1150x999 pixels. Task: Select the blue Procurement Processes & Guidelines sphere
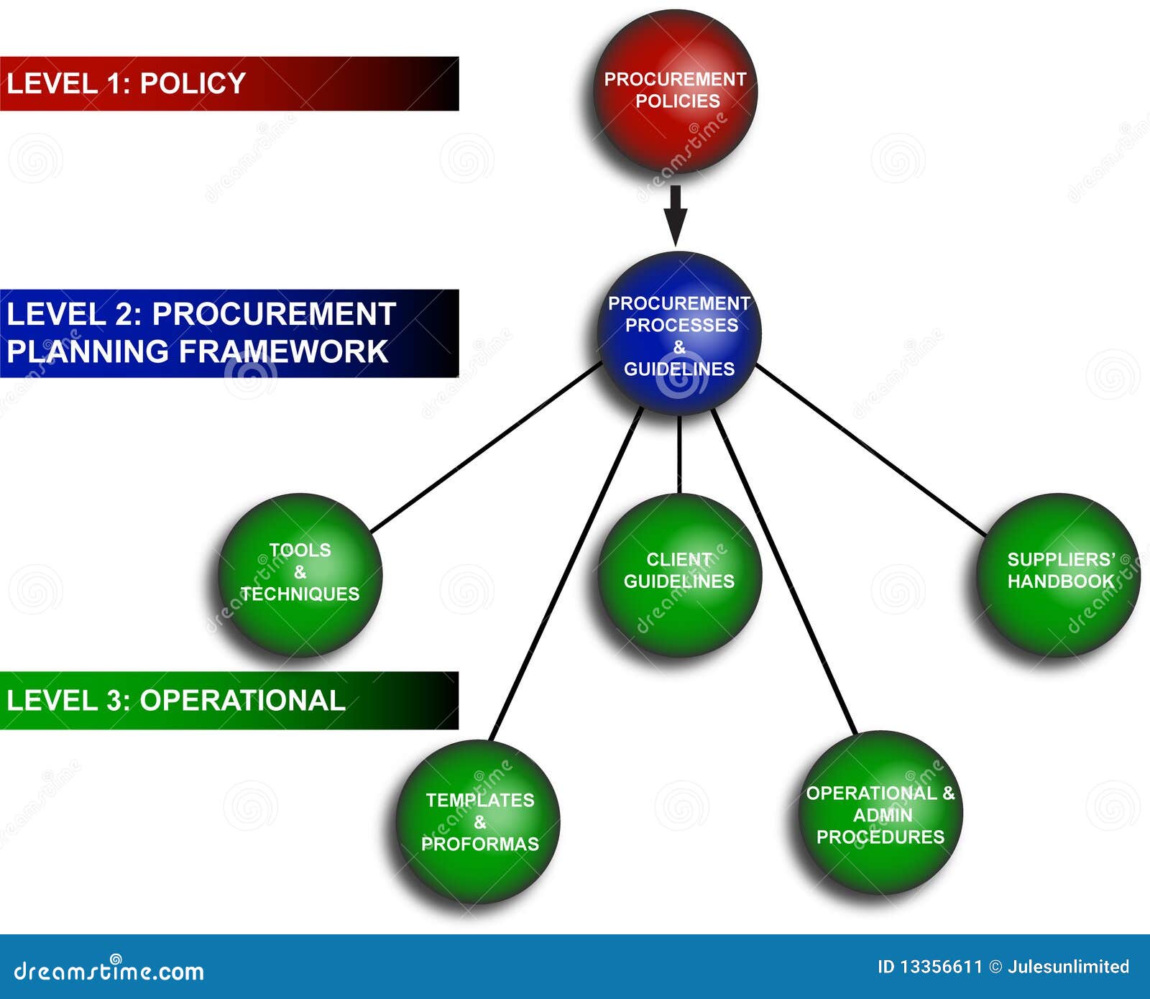coord(678,333)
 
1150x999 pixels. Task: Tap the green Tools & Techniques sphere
coord(300,575)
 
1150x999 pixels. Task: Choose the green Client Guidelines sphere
coord(679,575)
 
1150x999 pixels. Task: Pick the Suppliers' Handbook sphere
coord(1059,575)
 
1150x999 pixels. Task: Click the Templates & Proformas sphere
coord(478,821)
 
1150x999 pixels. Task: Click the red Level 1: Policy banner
coord(229,83)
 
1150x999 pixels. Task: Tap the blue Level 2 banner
coord(229,333)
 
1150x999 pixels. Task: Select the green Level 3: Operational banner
coord(229,701)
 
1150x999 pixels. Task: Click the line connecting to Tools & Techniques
coord(486,447)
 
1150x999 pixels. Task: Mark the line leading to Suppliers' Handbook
coord(871,450)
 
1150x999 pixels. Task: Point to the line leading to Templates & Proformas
coord(566,574)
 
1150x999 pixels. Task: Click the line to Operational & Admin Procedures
coord(784,572)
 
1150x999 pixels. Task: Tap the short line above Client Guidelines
coord(679,454)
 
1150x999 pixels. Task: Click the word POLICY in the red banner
coord(193,83)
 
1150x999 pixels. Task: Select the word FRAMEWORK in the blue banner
coord(283,351)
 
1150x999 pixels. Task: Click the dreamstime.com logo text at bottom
coord(109,971)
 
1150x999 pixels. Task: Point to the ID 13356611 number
coord(929,967)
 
